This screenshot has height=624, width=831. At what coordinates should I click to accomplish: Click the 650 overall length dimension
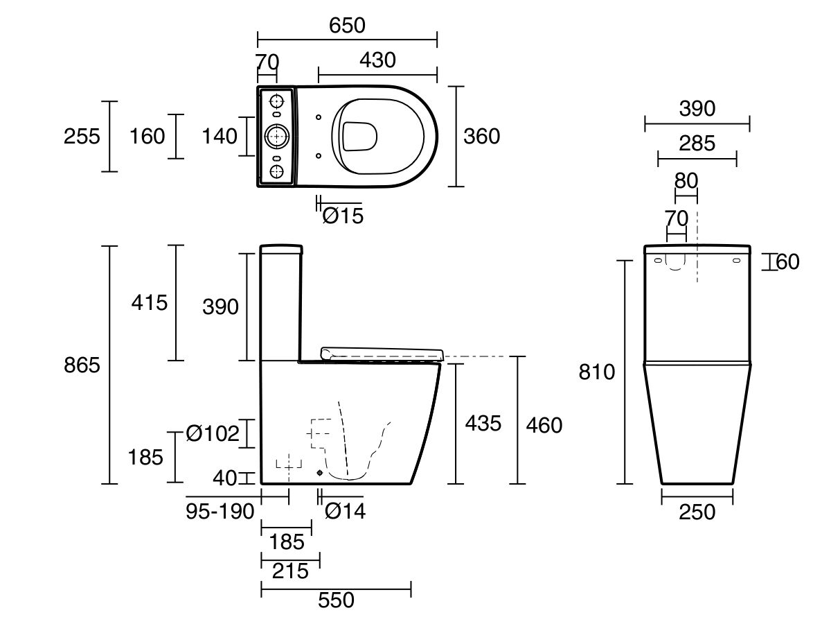pos(347,26)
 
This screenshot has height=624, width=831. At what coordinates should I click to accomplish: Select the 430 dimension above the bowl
pos(377,60)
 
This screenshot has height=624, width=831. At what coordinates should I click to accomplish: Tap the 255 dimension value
pos(82,137)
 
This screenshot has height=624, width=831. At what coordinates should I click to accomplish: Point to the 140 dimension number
pos(220,137)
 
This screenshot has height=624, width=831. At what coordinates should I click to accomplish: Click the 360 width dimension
pos(481,137)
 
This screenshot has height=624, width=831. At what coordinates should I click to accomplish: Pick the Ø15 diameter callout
pos(343,216)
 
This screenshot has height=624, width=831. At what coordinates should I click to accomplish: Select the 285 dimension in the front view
pos(697,144)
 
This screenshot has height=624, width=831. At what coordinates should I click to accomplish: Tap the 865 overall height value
pos(82,365)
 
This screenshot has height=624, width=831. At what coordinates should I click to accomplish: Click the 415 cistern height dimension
pos(149,303)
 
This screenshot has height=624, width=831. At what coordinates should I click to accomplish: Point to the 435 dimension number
pos(483,423)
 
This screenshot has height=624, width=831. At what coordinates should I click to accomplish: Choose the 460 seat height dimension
pos(544,425)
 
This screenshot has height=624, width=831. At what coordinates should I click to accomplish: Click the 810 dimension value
pos(597,372)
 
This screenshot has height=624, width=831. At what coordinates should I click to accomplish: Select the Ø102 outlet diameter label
pos(213,433)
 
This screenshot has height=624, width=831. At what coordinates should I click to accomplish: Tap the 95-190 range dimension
pos(220,512)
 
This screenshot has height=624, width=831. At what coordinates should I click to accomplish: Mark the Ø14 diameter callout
pos(346,512)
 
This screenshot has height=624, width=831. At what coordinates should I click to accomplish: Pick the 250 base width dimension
pos(697,512)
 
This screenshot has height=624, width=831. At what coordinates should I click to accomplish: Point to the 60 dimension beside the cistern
pos(787,262)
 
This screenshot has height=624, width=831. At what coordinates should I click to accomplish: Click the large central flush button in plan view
pos(277,137)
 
